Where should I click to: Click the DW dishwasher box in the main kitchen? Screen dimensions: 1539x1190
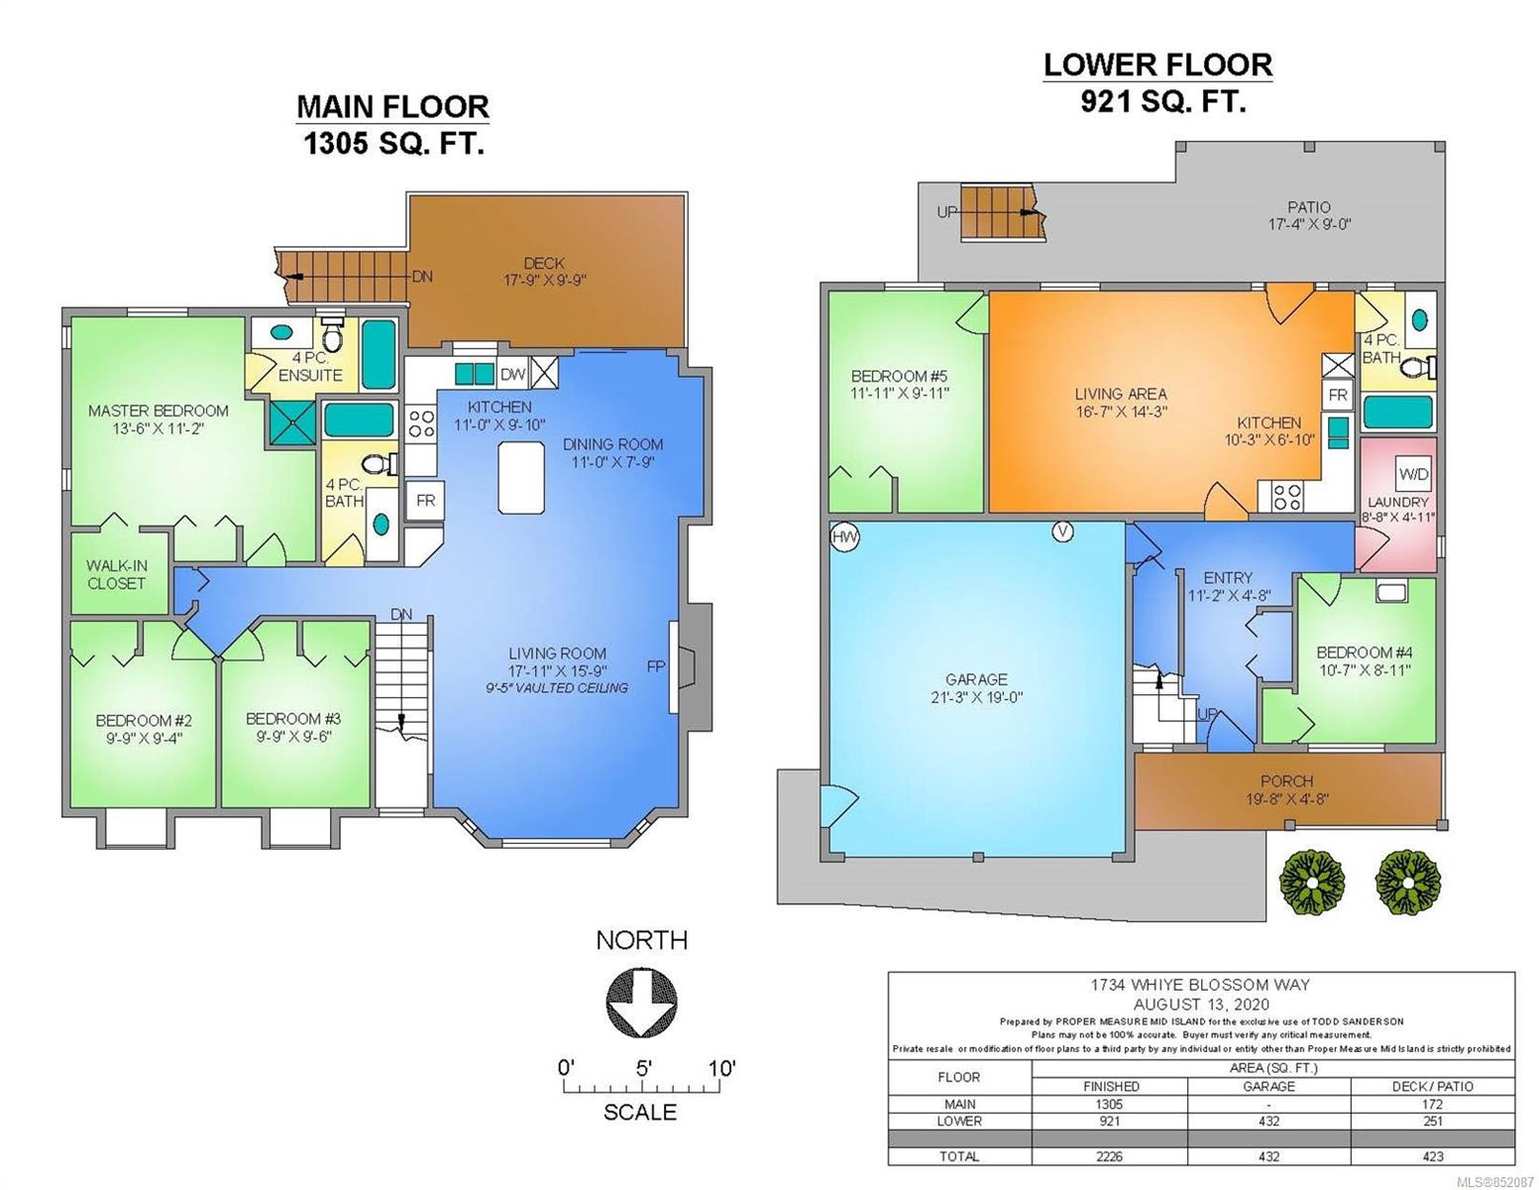[x=512, y=374]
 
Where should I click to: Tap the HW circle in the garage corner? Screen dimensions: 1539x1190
[x=844, y=536]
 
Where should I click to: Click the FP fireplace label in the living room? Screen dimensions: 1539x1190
[x=656, y=666]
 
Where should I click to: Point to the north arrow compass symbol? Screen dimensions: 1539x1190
[x=641, y=1005]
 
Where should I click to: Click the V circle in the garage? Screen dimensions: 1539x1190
[x=1062, y=532]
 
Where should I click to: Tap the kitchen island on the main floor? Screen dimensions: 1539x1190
[x=521, y=476]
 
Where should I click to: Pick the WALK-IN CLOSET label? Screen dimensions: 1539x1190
[x=116, y=575]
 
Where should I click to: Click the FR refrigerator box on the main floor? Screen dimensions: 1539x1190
[x=425, y=501]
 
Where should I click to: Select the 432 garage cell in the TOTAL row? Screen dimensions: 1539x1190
[x=1268, y=1156]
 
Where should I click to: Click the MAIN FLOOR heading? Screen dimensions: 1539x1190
[x=392, y=107]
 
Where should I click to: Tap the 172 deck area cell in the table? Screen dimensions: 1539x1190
[x=1432, y=1104]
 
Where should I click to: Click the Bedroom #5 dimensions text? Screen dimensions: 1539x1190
[x=900, y=394]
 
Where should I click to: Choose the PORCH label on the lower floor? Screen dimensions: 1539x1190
[x=1287, y=781]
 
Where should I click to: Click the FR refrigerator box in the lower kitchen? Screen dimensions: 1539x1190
[x=1337, y=396]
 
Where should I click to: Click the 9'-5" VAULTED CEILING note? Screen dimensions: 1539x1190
[x=557, y=687]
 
